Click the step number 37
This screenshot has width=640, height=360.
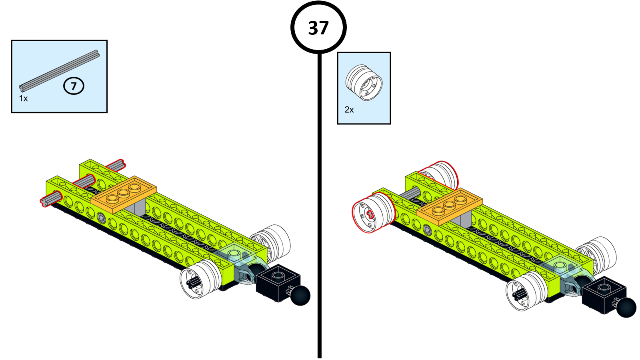[x=318, y=28]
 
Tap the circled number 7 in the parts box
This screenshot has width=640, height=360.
[x=74, y=86]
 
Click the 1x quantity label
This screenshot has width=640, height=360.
[x=23, y=98]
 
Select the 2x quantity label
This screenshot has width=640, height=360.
[x=349, y=110]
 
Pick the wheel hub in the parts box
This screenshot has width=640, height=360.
[x=364, y=83]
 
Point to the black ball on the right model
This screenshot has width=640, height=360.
[x=626, y=307]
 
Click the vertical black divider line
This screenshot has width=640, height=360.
[x=320, y=200]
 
